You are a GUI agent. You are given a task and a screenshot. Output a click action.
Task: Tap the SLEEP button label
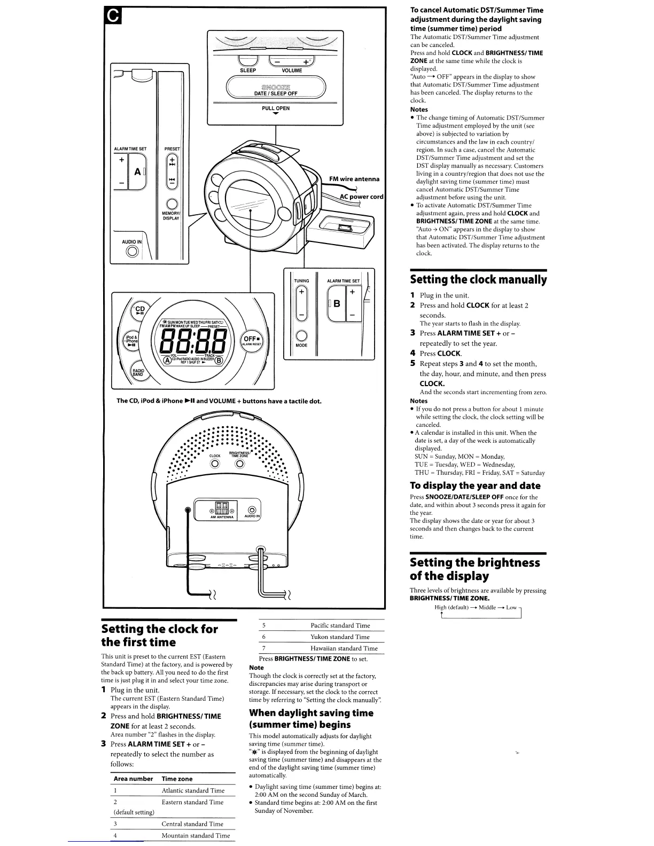point(248,70)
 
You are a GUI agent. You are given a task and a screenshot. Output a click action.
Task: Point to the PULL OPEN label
point(276,108)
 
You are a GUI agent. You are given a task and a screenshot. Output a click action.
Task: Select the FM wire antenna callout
point(354,179)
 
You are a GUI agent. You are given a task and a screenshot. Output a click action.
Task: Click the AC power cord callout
point(362,197)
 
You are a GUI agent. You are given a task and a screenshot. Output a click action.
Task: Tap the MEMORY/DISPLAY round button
point(172,204)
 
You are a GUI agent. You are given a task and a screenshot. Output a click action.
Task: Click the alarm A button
point(138,171)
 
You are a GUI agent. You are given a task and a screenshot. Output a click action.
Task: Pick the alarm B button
point(337,304)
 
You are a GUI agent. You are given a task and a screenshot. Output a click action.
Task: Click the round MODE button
point(301,335)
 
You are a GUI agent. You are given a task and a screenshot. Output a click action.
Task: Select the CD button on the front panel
point(139,311)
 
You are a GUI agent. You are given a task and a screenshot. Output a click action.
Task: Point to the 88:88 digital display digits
point(190,340)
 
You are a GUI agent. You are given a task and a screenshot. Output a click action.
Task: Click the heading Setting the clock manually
point(478,279)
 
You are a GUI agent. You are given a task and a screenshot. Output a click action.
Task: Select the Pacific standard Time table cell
point(340,625)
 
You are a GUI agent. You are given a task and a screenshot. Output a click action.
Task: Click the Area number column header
point(133,779)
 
